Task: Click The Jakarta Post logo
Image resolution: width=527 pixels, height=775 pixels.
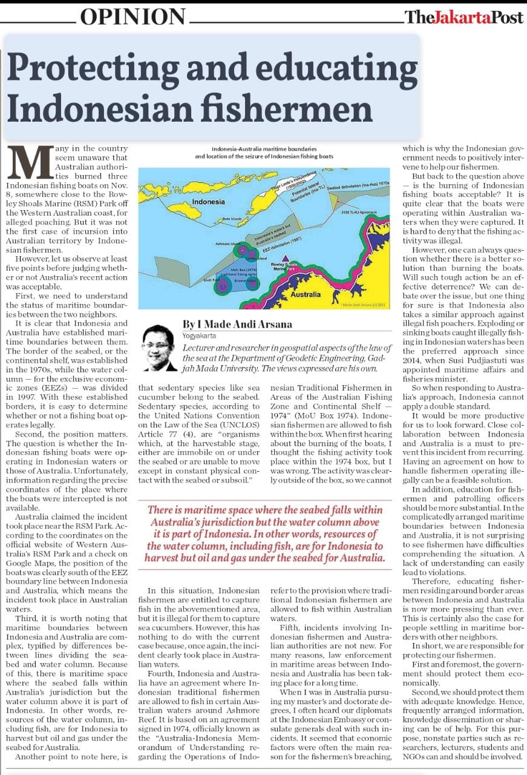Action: coord(464,17)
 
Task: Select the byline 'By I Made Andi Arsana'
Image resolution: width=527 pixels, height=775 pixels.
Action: coord(237,324)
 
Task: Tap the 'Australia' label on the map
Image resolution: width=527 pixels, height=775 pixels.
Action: coord(306,295)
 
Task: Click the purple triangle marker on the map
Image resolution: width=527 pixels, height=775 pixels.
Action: coord(285,259)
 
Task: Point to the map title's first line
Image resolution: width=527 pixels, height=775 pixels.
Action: coord(263,149)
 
